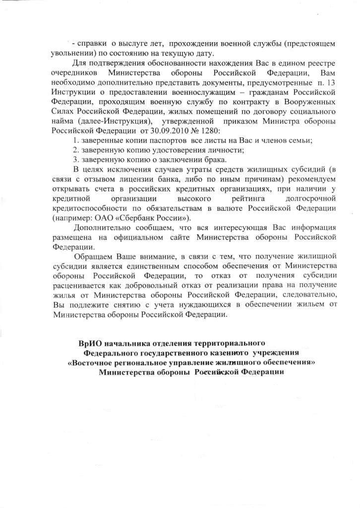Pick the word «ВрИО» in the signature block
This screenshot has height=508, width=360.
point(90,343)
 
